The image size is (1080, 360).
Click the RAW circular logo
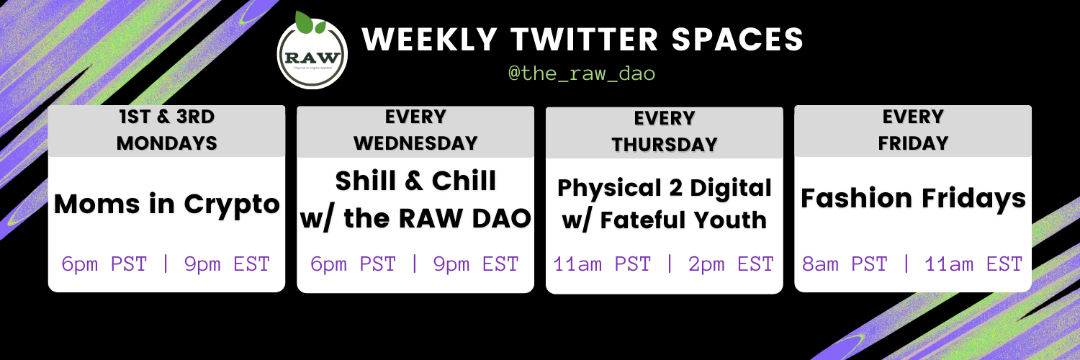[312, 53]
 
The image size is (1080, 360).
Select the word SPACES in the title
[737, 39]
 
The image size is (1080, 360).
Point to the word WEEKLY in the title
[430, 39]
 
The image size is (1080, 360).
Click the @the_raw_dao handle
[582, 73]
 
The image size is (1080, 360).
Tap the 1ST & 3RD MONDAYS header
[167, 130]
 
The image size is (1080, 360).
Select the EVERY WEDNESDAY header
[415, 130]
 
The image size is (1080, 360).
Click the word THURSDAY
[665, 145]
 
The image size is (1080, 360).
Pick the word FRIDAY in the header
[913, 143]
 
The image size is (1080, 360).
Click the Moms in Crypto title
[167, 204]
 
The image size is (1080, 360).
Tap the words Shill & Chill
[415, 181]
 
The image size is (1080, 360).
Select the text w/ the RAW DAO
[415, 218]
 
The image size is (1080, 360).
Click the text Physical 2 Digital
[665, 188]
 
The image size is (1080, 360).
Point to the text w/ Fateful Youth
[665, 220]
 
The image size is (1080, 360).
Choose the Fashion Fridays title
[913, 199]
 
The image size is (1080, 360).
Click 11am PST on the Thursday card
[602, 264]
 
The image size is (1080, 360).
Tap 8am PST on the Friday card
[845, 264]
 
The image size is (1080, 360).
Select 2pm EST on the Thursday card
[731, 264]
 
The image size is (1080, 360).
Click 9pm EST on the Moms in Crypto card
[227, 264]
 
